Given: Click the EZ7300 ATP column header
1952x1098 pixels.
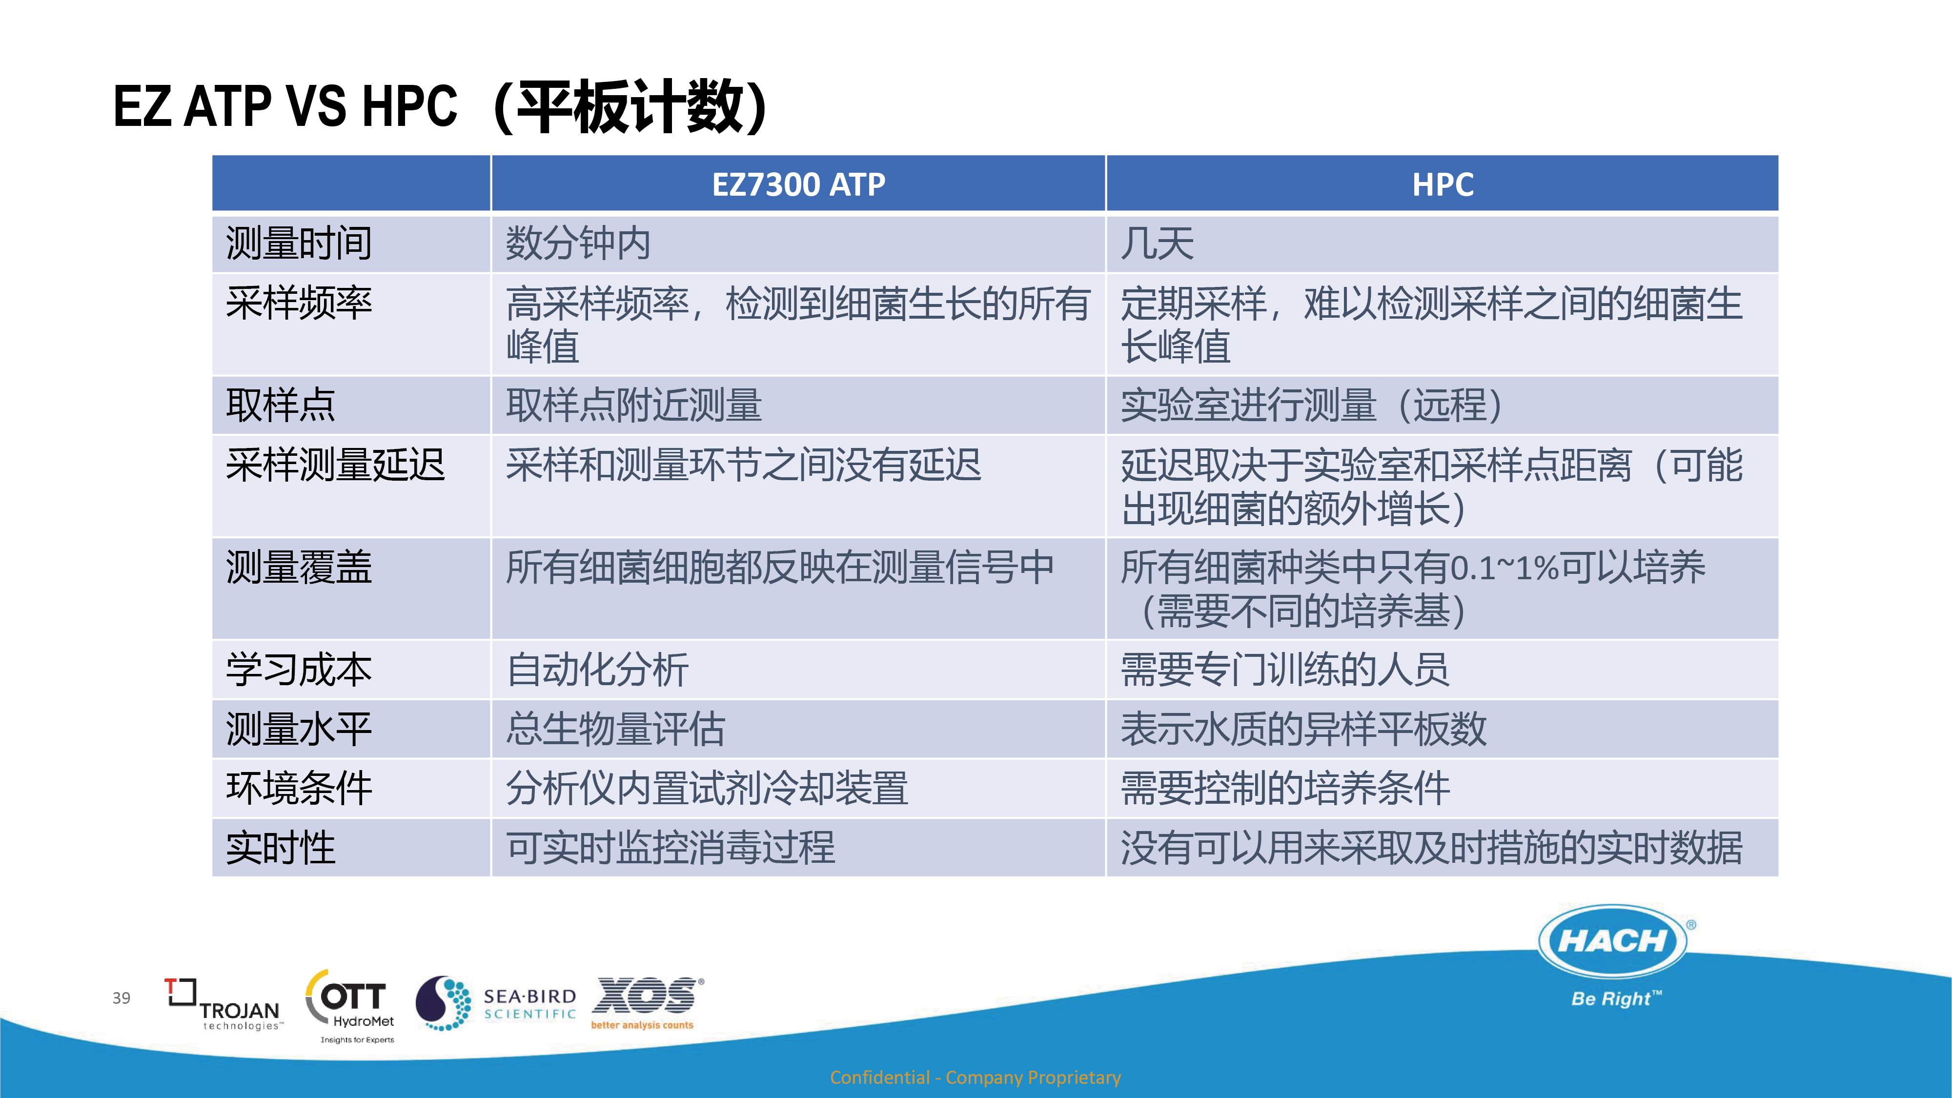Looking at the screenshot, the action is click(x=798, y=184).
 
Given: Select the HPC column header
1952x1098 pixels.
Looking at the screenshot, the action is click(x=1443, y=184).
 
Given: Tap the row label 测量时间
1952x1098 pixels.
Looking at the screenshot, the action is click(x=299, y=243).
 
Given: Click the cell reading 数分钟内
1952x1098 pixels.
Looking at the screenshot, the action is click(x=578, y=243).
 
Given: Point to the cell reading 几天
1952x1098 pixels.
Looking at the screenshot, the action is click(x=1157, y=243).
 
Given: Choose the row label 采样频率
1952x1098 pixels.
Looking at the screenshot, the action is click(x=299, y=303).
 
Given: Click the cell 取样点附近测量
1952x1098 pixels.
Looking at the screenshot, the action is click(x=633, y=405).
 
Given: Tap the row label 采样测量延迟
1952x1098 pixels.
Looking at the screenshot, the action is click(x=335, y=465).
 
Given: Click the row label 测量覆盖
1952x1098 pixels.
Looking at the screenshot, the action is click(x=299, y=567).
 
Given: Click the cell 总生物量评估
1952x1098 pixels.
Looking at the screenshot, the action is click(x=615, y=729).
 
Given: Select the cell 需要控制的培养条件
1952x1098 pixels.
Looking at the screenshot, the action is click(x=1285, y=788).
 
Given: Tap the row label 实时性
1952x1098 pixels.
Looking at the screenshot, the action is click(x=281, y=847).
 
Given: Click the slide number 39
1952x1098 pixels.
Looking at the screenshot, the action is click(x=121, y=998).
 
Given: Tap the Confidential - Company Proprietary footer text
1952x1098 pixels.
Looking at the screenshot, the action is click(x=975, y=1077).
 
